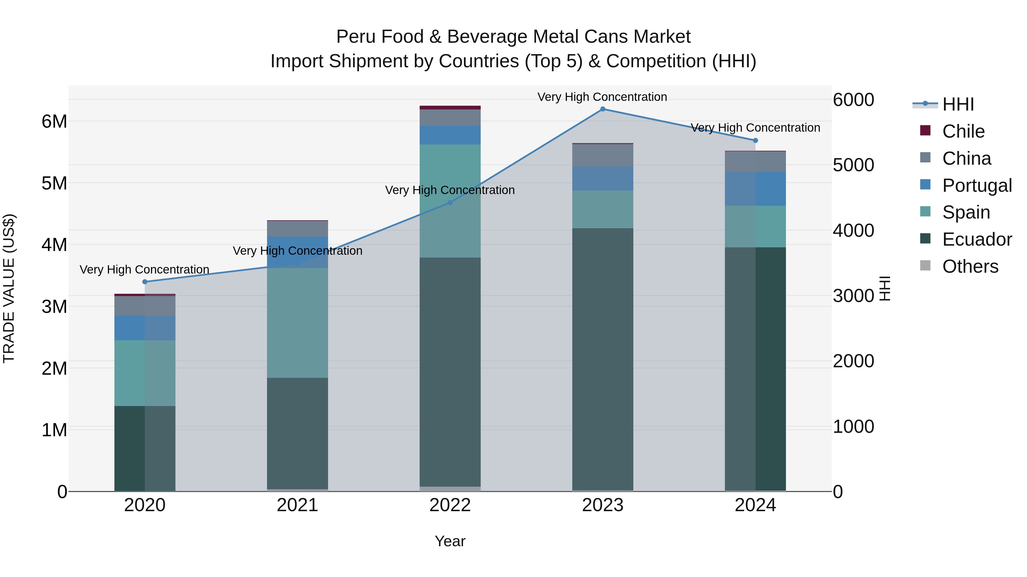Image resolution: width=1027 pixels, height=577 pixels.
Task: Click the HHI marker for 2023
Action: [603, 109]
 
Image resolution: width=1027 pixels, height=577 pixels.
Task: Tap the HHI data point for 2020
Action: [145, 282]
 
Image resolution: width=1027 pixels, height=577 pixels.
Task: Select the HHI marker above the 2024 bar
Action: [755, 140]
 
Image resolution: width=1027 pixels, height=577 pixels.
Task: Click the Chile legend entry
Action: [963, 131]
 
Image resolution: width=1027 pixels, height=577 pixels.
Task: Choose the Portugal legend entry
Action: [977, 185]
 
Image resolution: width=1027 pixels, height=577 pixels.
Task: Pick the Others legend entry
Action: [970, 266]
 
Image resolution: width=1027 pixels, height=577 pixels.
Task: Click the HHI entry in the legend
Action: [958, 104]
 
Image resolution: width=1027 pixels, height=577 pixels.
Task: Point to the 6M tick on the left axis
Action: [54, 121]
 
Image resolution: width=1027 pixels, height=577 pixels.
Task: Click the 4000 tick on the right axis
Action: [853, 231]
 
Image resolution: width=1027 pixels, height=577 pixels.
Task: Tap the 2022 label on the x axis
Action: [450, 505]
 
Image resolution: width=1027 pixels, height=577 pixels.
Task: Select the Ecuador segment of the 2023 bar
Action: [603, 358]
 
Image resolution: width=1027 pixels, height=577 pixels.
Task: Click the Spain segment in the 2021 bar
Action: [298, 323]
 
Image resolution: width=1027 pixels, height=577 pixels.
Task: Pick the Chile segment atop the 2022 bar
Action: [450, 107]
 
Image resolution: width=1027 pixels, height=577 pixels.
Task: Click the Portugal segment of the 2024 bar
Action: [755, 189]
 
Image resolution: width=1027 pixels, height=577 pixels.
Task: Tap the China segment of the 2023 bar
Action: [603, 155]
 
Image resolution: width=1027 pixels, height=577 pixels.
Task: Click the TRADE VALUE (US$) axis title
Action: [9, 288]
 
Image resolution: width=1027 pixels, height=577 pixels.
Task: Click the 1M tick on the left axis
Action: [54, 430]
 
